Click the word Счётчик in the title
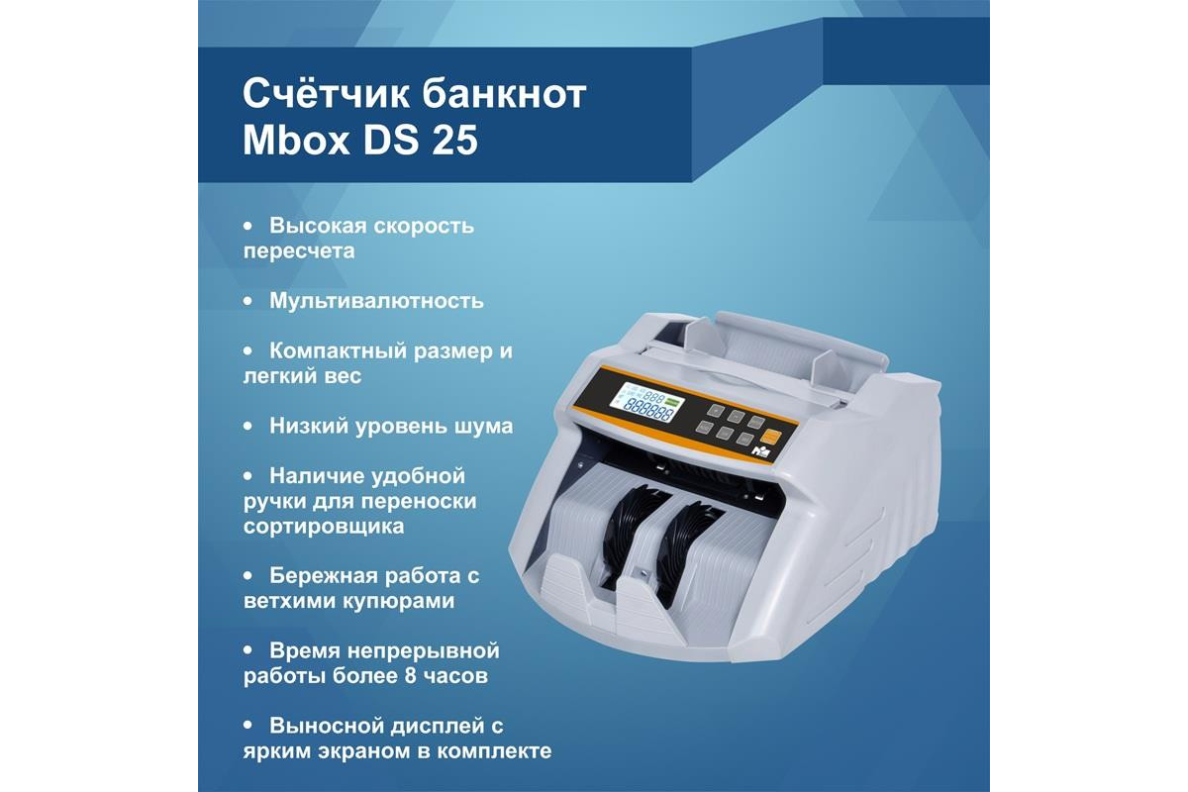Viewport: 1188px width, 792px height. pyautogui.click(x=326, y=94)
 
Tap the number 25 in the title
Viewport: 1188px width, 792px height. pyautogui.click(x=455, y=141)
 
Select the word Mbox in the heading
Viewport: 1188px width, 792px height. pyautogui.click(x=296, y=140)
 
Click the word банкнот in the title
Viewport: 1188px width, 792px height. pyautogui.click(x=504, y=94)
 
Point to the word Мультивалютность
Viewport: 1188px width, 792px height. pyautogui.click(x=376, y=301)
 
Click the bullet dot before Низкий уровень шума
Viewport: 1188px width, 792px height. pyautogui.click(x=247, y=426)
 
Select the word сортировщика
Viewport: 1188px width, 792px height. pyautogui.click(x=324, y=527)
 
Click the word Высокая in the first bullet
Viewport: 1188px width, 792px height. pyautogui.click(x=318, y=226)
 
